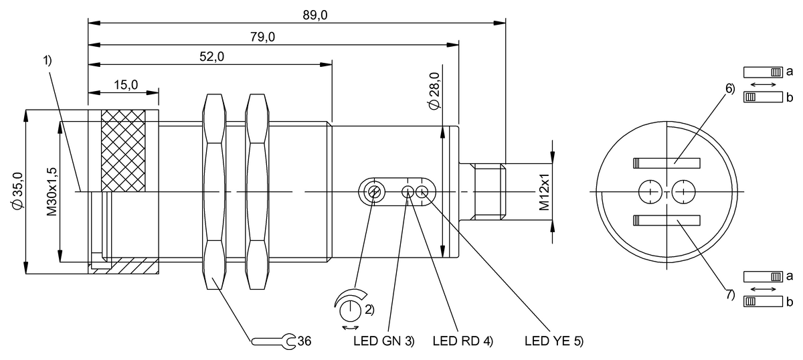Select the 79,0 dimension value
262,37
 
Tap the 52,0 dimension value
211,57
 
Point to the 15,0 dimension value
125,85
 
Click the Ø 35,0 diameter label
17,191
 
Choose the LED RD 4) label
462,341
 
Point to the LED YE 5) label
554,341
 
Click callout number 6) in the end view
729,88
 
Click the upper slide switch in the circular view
666,163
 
